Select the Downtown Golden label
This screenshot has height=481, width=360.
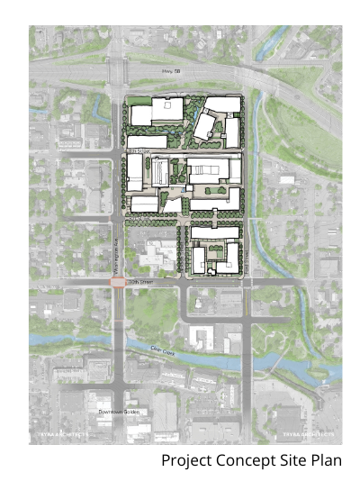118,412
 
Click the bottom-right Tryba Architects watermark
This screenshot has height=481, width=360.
308,434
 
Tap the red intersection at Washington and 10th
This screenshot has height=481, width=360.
118,282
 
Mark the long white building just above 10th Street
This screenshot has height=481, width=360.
213,233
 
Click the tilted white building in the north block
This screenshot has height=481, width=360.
203,125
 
